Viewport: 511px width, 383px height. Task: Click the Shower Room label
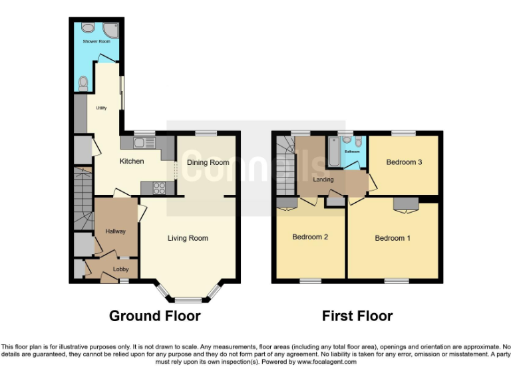[x=96, y=41]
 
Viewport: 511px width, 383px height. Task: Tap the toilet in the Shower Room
[x=83, y=83]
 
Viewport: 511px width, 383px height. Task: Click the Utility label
[x=101, y=108]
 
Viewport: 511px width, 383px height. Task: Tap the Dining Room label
[x=208, y=162]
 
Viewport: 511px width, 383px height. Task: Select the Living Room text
[x=188, y=238]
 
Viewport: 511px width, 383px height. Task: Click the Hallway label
[x=116, y=231]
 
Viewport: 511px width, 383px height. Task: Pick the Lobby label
[x=120, y=269]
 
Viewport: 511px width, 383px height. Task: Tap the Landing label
[x=323, y=180]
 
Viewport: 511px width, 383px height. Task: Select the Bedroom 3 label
[x=405, y=162]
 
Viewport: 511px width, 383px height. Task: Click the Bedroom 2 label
[x=310, y=237]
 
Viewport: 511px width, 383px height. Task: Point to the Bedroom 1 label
[x=393, y=238]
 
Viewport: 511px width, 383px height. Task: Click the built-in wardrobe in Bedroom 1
[x=405, y=203]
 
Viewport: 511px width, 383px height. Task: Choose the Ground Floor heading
[x=154, y=316]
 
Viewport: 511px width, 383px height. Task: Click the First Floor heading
[x=357, y=316]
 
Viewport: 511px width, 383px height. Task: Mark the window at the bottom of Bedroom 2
[x=310, y=281]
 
